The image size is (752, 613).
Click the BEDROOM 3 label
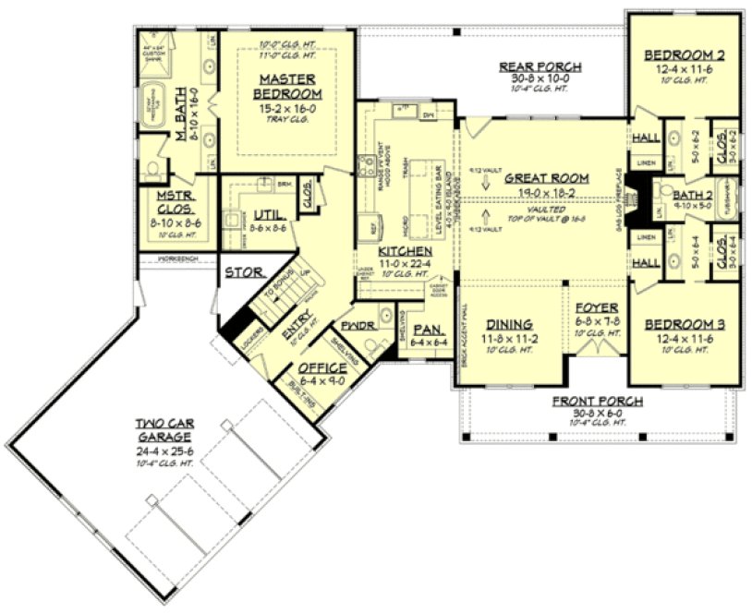click(x=684, y=325)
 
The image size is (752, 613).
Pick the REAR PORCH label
click(x=540, y=66)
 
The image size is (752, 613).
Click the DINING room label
click(x=509, y=324)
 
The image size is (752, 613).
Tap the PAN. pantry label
click(x=426, y=329)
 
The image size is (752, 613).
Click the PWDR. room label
click(x=357, y=326)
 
